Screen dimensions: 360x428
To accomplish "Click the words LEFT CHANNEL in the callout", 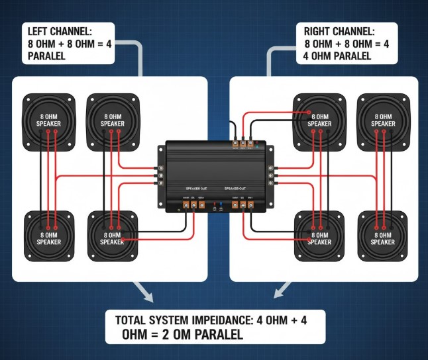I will tap(58, 31).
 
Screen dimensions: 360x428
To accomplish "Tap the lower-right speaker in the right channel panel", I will tap(382, 236).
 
